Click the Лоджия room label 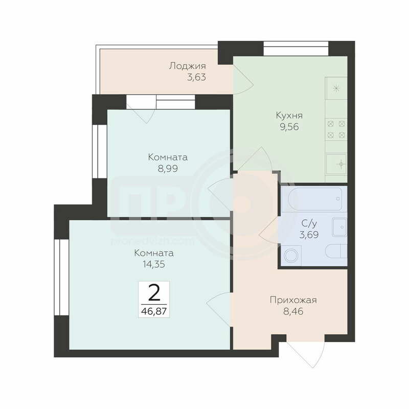click(187, 66)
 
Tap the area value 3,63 click(196, 78)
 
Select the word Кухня click(289, 116)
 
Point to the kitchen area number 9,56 click(289, 127)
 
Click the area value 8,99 click(168, 169)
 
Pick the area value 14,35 click(154, 264)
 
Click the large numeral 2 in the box click(154, 292)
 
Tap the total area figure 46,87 click(154, 311)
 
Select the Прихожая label click(293, 300)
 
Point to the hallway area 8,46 click(293, 311)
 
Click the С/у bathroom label click(309, 223)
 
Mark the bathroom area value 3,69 click(309, 235)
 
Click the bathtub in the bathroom click(315, 199)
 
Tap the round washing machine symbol click(290, 255)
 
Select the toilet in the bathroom click(336, 251)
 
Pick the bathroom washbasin click(339, 227)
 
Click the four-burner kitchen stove click(336, 129)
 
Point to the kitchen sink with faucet click(336, 164)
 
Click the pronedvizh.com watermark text click(152, 241)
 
